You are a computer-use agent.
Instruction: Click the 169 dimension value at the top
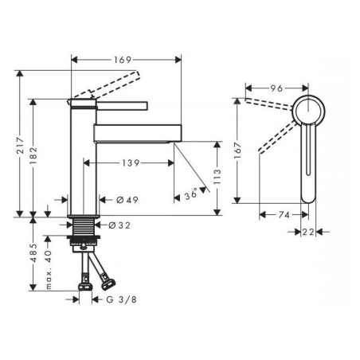(123, 60)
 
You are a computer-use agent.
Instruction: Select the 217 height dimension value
(21, 145)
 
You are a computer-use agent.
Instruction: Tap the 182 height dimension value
(33, 155)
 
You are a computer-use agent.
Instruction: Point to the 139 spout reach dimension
(131, 162)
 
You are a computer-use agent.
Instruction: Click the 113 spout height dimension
(217, 176)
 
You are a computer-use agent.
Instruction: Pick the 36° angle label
(191, 194)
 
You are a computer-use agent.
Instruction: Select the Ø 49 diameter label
(127, 200)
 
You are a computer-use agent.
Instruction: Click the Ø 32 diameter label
(119, 225)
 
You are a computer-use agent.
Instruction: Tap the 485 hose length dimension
(33, 252)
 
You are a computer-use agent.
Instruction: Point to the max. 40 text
(49, 269)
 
